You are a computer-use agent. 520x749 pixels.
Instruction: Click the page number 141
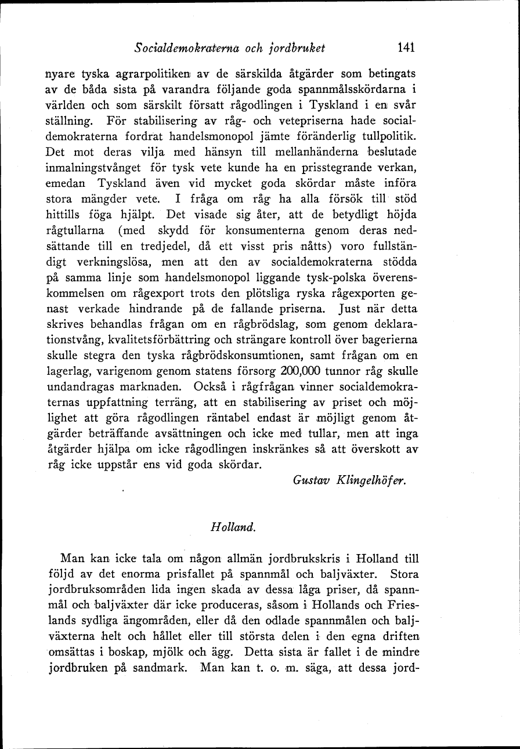(403, 48)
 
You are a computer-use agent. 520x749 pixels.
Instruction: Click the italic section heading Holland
(227, 528)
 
